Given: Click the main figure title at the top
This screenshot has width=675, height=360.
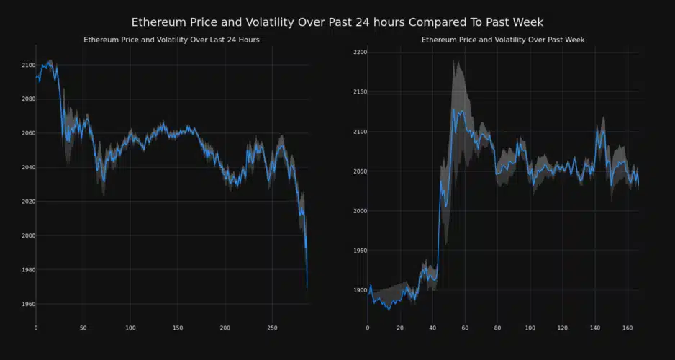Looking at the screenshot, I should (x=337, y=22).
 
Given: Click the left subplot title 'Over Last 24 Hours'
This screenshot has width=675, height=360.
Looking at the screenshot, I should (x=171, y=40).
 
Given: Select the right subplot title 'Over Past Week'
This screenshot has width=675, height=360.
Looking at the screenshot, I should (x=502, y=40).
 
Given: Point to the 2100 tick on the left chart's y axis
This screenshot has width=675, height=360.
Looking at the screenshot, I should (x=28, y=66).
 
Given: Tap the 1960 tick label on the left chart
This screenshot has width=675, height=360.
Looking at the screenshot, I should (x=28, y=304).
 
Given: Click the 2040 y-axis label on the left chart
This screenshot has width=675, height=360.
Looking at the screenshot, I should (x=28, y=168).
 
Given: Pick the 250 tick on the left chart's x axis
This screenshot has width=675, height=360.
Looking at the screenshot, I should (x=271, y=328).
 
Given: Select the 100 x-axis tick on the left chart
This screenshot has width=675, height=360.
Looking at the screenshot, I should (x=130, y=328).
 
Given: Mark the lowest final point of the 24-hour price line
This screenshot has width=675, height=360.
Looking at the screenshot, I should (x=307, y=287).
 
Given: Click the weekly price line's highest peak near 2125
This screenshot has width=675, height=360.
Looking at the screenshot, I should (x=453, y=110).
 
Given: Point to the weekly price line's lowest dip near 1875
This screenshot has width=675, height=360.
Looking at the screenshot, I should (x=389, y=310).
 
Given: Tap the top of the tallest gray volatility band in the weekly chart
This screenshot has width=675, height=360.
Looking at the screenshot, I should (x=456, y=62).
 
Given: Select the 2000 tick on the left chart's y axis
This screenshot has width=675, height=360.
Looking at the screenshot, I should (x=28, y=236).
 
